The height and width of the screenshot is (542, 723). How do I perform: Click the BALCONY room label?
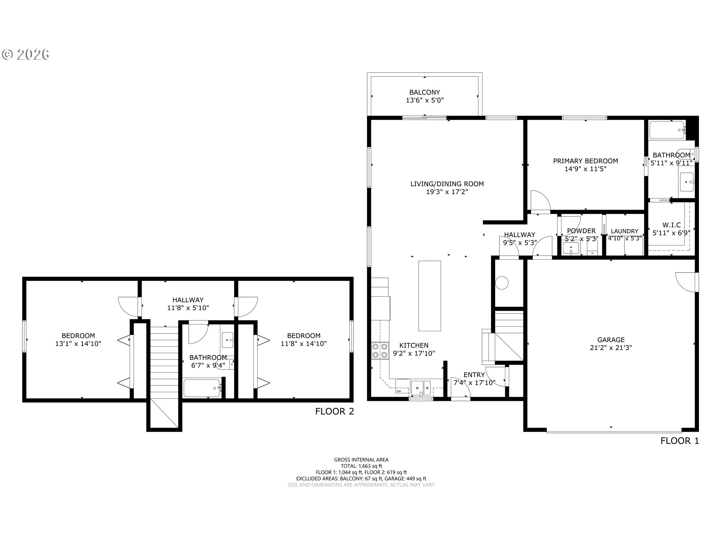(x=425, y=92)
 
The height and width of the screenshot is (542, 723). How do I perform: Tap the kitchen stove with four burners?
(x=380, y=350)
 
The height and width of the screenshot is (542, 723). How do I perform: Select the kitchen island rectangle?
(x=430, y=296)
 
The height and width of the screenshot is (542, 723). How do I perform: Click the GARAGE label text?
(x=611, y=340)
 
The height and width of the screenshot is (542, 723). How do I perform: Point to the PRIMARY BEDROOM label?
(x=586, y=161)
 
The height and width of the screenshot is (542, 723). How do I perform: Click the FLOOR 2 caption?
(x=335, y=411)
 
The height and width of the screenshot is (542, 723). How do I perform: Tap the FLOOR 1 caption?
(x=680, y=441)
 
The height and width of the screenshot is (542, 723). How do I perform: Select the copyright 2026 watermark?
(x=26, y=55)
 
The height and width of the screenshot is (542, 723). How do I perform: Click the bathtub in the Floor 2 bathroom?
(x=202, y=388)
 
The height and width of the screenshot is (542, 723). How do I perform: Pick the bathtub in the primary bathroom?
(x=667, y=130)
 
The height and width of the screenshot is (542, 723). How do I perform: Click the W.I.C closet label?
(x=672, y=225)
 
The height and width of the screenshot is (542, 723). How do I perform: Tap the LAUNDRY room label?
(x=625, y=231)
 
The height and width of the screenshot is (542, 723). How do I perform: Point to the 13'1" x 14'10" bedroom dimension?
(x=78, y=344)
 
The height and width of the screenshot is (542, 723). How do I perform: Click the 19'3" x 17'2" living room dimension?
(x=447, y=192)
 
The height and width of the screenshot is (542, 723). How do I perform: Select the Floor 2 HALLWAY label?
(x=188, y=300)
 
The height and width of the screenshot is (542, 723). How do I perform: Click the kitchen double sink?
(x=421, y=388)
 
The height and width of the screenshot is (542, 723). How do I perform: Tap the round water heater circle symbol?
(x=502, y=283)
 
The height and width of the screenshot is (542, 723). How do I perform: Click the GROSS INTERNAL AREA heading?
(x=361, y=460)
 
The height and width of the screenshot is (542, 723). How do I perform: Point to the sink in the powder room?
(x=571, y=249)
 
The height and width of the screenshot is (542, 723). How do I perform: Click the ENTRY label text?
(x=474, y=375)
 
